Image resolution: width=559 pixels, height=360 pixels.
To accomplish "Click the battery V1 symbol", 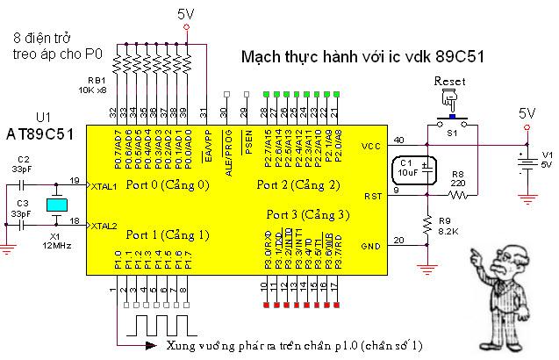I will pos(527,162).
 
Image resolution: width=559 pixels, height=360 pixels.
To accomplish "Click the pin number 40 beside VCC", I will pos(399,140).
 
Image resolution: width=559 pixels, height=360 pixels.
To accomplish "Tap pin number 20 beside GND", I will pos(399,240).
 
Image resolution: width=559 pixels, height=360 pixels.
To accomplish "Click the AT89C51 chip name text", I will pos(40,133).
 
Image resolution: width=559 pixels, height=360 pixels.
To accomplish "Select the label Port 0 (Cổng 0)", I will pos(168,184).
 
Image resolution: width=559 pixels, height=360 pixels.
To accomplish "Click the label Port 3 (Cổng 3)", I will pos(308,215).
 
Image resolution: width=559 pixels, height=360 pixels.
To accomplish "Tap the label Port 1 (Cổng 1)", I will pos(168,234).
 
